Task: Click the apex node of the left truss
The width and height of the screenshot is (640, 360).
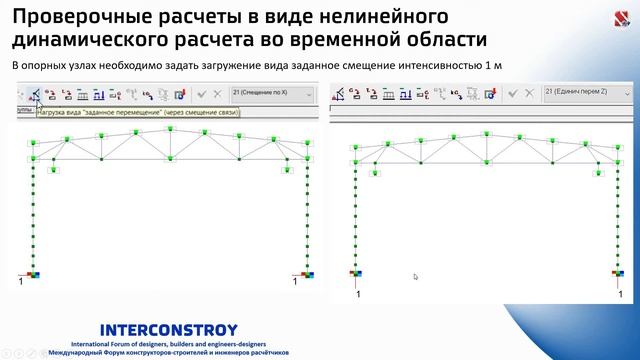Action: click(170, 126)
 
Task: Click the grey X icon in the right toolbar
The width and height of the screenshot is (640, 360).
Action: click(529, 93)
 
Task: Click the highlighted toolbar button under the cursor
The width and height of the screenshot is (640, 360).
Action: click(35, 95)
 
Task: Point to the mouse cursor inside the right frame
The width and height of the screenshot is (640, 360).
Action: click(415, 277)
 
